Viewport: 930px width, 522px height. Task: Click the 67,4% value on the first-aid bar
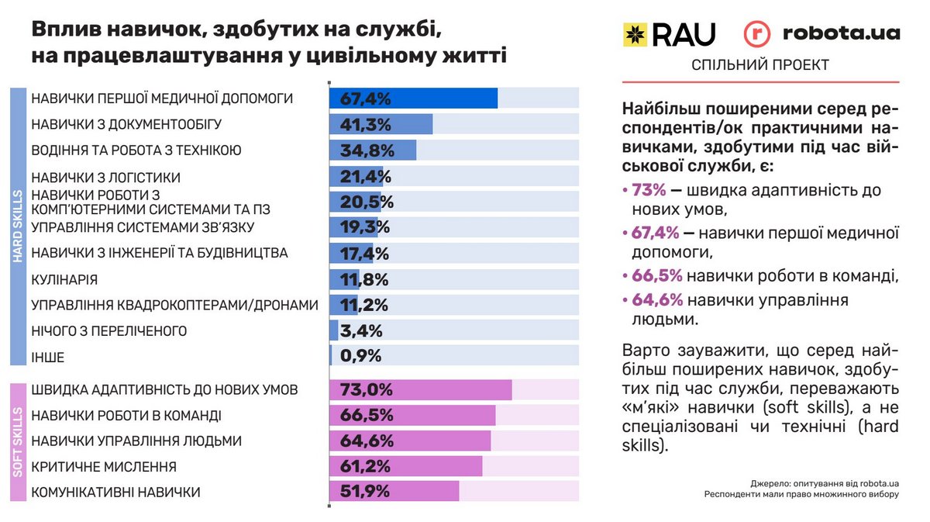click(x=360, y=99)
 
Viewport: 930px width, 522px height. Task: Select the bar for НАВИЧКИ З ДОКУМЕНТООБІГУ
click(x=381, y=124)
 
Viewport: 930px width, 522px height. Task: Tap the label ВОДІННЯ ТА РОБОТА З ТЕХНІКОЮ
click(x=136, y=150)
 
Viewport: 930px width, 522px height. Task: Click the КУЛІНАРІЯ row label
click(x=64, y=279)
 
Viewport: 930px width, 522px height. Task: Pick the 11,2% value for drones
click(x=359, y=306)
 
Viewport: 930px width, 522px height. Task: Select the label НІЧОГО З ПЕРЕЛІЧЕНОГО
click(x=109, y=331)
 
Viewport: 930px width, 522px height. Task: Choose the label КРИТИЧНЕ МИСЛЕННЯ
click(x=104, y=467)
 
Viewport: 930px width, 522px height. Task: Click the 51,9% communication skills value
click(x=361, y=493)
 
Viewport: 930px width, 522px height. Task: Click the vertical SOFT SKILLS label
click(x=19, y=443)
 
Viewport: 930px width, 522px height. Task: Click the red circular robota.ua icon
click(x=757, y=34)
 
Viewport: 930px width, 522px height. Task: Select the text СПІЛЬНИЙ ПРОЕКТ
click(x=759, y=65)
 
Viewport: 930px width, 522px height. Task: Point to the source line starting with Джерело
click(x=824, y=482)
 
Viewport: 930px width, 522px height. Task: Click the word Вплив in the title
click(x=65, y=30)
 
